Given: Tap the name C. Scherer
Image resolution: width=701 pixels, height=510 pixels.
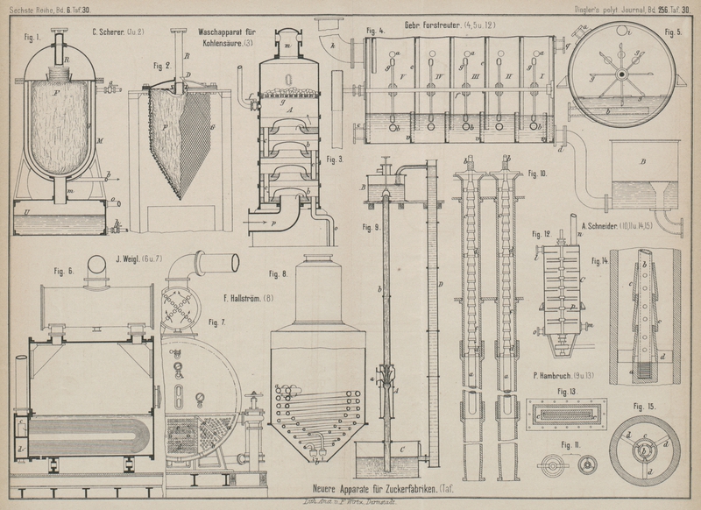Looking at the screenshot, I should (x=117, y=33).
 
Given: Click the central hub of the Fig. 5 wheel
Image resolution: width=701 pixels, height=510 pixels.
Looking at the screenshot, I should (x=620, y=74).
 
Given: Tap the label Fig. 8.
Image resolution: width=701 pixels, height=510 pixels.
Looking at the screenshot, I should (x=279, y=274).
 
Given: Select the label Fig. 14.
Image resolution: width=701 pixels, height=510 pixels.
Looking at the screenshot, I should (x=599, y=261).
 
